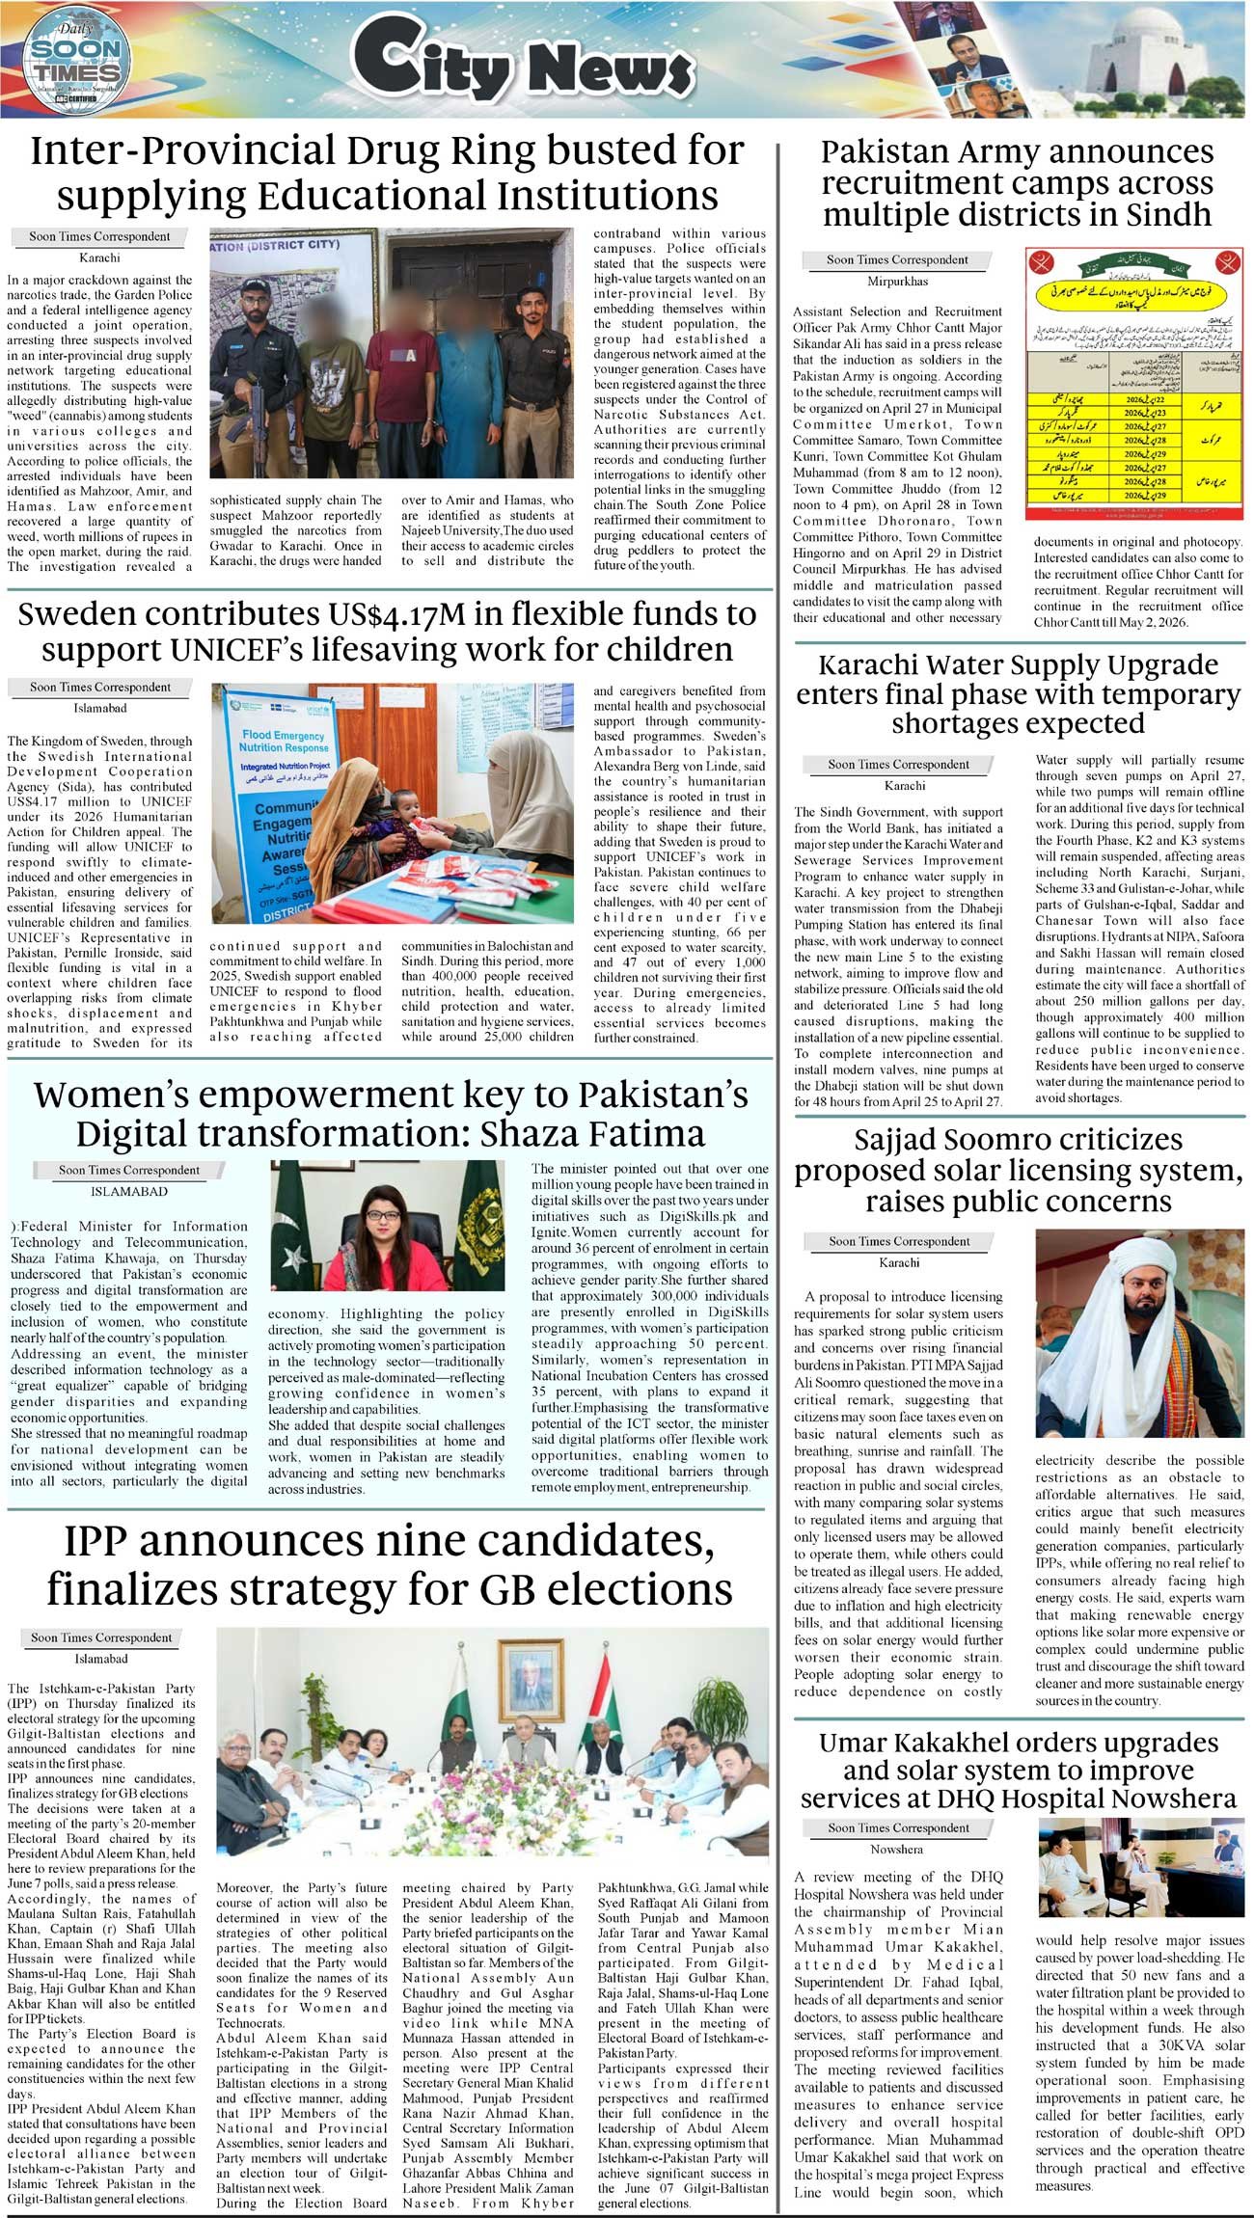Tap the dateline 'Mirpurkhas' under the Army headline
point(898,282)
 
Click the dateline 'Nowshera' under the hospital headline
point(896,1850)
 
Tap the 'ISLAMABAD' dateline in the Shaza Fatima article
point(128,1192)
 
